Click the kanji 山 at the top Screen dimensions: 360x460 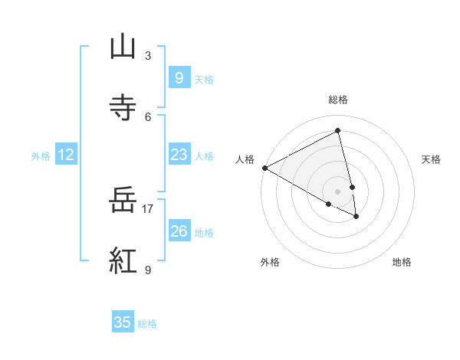[123, 48]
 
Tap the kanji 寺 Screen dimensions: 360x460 [123, 108]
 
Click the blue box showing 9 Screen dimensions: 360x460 [179, 78]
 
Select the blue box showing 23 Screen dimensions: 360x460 [179, 155]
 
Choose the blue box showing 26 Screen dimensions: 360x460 [179, 231]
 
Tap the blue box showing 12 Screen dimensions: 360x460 [66, 155]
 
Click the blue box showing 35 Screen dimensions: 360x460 [123, 322]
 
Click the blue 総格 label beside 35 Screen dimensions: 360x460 [147, 324]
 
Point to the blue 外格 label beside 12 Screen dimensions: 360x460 [41, 156]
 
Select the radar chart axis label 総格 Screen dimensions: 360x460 [338, 100]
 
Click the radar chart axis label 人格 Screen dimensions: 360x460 [245, 159]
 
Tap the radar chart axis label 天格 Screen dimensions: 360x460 [432, 159]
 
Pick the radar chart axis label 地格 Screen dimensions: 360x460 [402, 262]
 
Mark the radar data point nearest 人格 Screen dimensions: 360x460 [264, 168]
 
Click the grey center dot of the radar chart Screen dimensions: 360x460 [338, 191]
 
